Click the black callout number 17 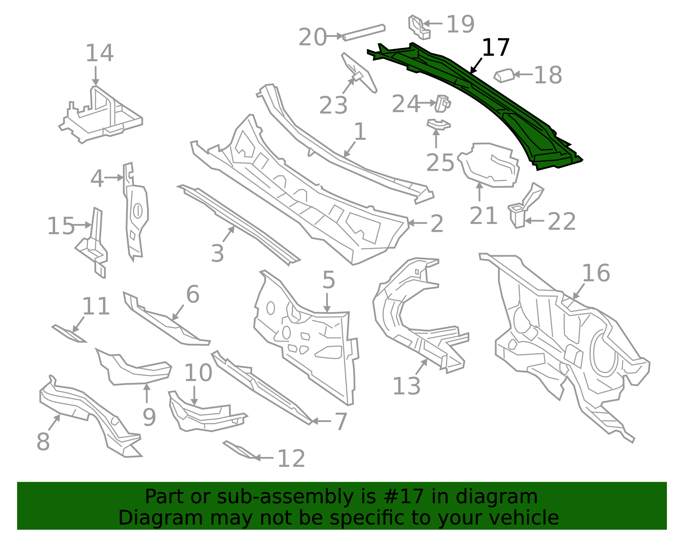(x=495, y=47)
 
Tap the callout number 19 (x=460, y=24)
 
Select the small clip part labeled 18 (x=504, y=76)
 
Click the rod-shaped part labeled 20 (x=364, y=33)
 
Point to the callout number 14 (x=100, y=53)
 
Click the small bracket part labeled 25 (x=439, y=124)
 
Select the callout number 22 (x=562, y=221)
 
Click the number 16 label (x=596, y=273)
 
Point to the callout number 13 (x=407, y=386)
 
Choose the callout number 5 (x=329, y=280)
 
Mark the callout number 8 (x=43, y=441)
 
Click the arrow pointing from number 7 (x=321, y=421)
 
